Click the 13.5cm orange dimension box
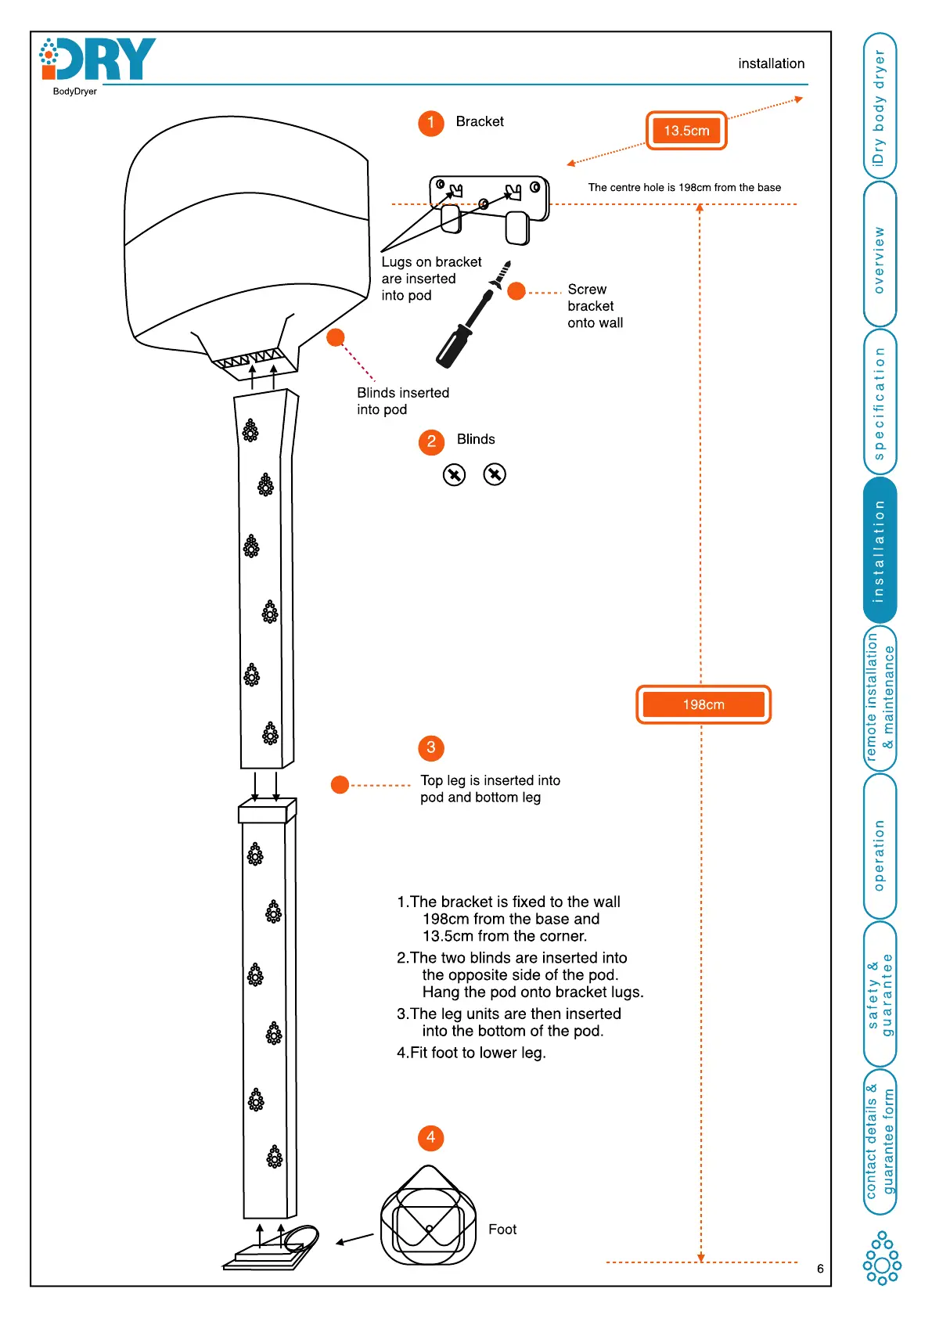(686, 131)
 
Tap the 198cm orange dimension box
(703, 704)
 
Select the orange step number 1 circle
(430, 123)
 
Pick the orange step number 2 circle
(431, 442)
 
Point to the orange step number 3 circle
(430, 748)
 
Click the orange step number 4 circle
(430, 1138)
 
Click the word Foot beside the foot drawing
(502, 1230)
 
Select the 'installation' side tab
(880, 550)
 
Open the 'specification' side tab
(880, 402)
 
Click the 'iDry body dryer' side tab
(880, 106)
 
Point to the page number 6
(820, 1269)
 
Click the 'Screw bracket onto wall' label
(595, 306)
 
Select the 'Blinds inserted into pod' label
(402, 401)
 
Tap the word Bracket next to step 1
(480, 121)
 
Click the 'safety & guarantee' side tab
(880, 994)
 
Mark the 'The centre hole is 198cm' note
(684, 188)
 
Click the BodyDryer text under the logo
(75, 92)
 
